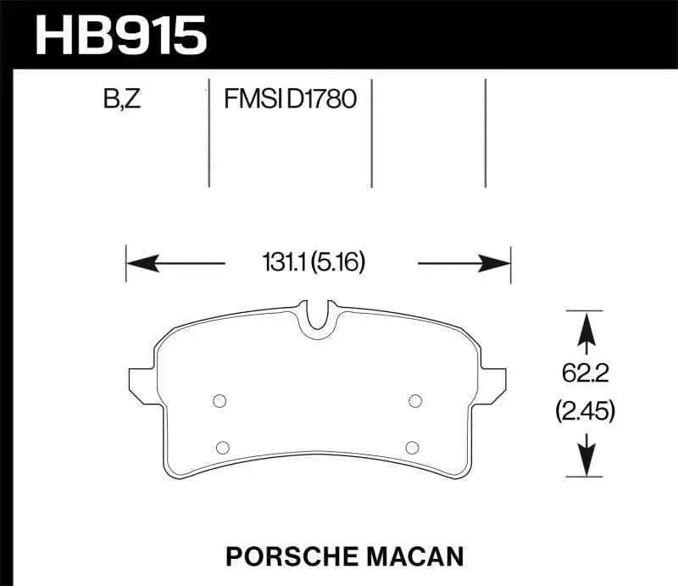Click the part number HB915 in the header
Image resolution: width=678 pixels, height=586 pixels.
(119, 36)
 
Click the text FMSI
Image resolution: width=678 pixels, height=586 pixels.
(253, 100)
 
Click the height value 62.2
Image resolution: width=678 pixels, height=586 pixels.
(585, 371)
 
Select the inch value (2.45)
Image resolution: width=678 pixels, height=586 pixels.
(585, 412)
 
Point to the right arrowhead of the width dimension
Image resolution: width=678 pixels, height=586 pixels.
(502, 264)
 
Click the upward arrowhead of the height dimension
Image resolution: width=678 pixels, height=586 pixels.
(585, 326)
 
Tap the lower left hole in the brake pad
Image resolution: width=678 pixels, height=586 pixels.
(224, 447)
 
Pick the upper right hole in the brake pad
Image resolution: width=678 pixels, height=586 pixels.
(415, 402)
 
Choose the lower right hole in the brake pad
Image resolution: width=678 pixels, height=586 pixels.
(412, 447)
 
